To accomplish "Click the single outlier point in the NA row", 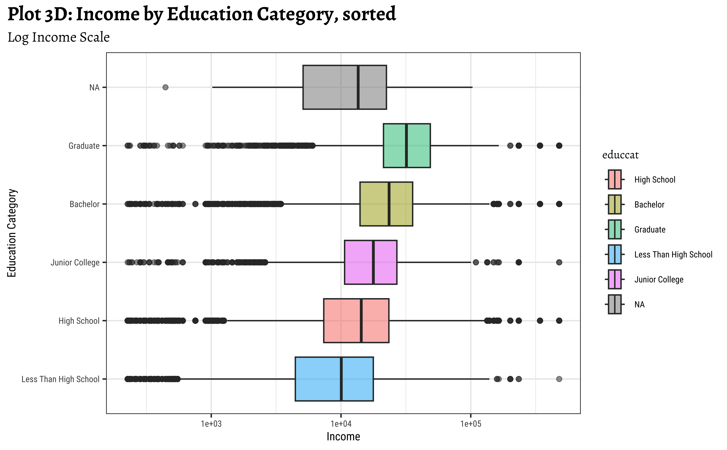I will pos(165,87).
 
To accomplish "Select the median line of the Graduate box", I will pos(406,145).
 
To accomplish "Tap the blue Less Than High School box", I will pos(318,379).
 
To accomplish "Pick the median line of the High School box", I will pos(361,320).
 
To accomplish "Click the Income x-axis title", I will pos(343,437).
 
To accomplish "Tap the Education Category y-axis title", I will pos(12,233).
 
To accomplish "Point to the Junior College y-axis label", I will pos(75,263).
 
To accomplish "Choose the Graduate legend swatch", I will pos(614,229).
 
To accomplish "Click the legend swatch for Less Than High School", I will pos(614,254).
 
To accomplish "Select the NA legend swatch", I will pos(614,305).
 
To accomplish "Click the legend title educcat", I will pos(620,155).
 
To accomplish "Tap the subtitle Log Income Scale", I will pos(59,37).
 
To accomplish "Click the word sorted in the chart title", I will pos(369,14).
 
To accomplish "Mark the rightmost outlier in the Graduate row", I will pos(559,145).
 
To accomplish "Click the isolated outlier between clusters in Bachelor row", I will pos(195,204).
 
